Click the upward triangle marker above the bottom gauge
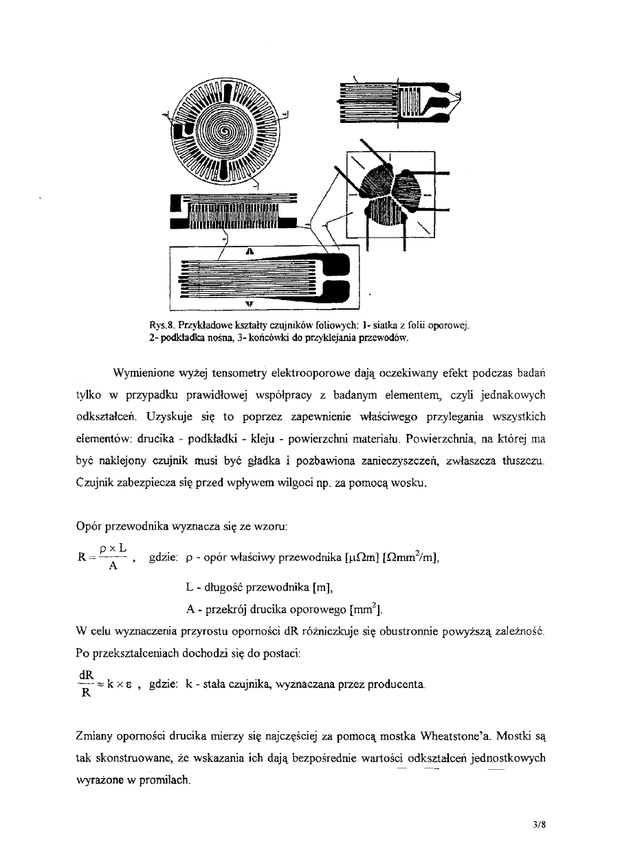point(250,252)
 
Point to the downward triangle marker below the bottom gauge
point(250,302)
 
